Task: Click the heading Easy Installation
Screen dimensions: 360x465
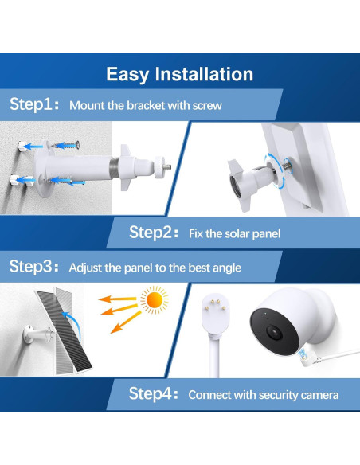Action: (180, 74)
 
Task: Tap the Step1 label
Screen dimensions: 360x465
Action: (34, 104)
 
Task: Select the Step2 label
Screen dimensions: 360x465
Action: (154, 232)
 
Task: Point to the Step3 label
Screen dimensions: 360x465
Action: (34, 266)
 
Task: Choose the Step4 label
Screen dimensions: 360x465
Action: (153, 394)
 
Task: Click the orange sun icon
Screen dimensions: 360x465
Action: (155, 300)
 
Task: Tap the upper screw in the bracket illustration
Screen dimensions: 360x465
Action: (66, 145)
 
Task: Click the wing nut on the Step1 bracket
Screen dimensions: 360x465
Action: (126, 167)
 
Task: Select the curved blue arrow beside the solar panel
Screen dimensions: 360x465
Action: (73, 325)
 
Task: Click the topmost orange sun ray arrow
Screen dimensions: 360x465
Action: (117, 299)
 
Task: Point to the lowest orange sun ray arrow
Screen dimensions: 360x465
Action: (125, 322)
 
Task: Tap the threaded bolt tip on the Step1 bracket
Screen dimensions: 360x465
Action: (167, 167)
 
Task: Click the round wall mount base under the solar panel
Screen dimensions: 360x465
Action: (29, 334)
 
